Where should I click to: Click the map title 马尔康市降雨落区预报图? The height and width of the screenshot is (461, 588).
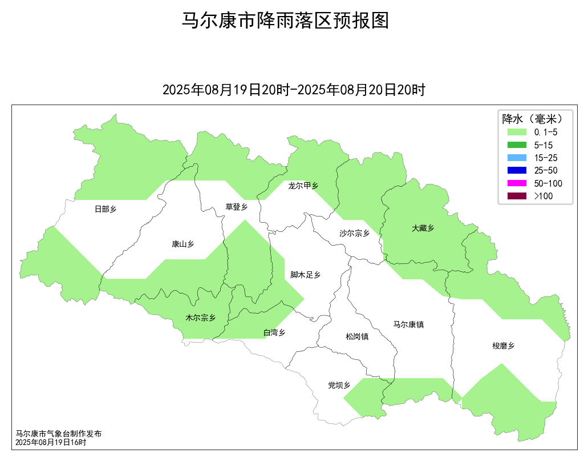click(x=285, y=21)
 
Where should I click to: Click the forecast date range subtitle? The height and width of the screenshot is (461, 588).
click(x=294, y=90)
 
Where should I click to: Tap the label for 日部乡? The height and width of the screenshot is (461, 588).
click(x=105, y=209)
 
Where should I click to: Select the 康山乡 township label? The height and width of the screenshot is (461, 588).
click(x=183, y=244)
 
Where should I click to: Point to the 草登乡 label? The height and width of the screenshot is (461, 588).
click(x=236, y=207)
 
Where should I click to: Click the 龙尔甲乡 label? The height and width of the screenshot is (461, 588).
click(x=303, y=186)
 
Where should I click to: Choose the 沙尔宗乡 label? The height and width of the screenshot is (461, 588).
click(x=354, y=233)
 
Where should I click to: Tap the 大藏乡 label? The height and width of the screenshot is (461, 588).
click(x=423, y=228)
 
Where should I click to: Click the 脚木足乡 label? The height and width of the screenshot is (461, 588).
click(x=305, y=275)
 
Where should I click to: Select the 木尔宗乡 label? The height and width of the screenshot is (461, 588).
click(x=200, y=318)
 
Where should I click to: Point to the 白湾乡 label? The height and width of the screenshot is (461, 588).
click(x=274, y=332)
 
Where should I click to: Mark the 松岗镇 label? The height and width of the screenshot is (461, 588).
click(x=357, y=336)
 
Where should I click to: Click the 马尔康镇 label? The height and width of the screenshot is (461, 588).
click(x=408, y=324)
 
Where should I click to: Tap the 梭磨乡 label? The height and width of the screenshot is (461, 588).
click(x=503, y=346)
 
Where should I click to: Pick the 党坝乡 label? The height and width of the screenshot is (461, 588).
click(x=339, y=386)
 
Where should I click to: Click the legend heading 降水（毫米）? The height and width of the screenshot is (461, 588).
click(x=532, y=119)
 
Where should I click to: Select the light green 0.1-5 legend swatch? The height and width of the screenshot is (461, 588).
click(x=517, y=132)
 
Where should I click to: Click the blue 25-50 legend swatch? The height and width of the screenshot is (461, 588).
click(x=517, y=170)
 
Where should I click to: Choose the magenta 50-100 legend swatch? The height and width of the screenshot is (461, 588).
click(x=517, y=183)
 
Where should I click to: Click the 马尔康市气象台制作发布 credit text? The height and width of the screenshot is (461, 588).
click(x=58, y=434)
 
